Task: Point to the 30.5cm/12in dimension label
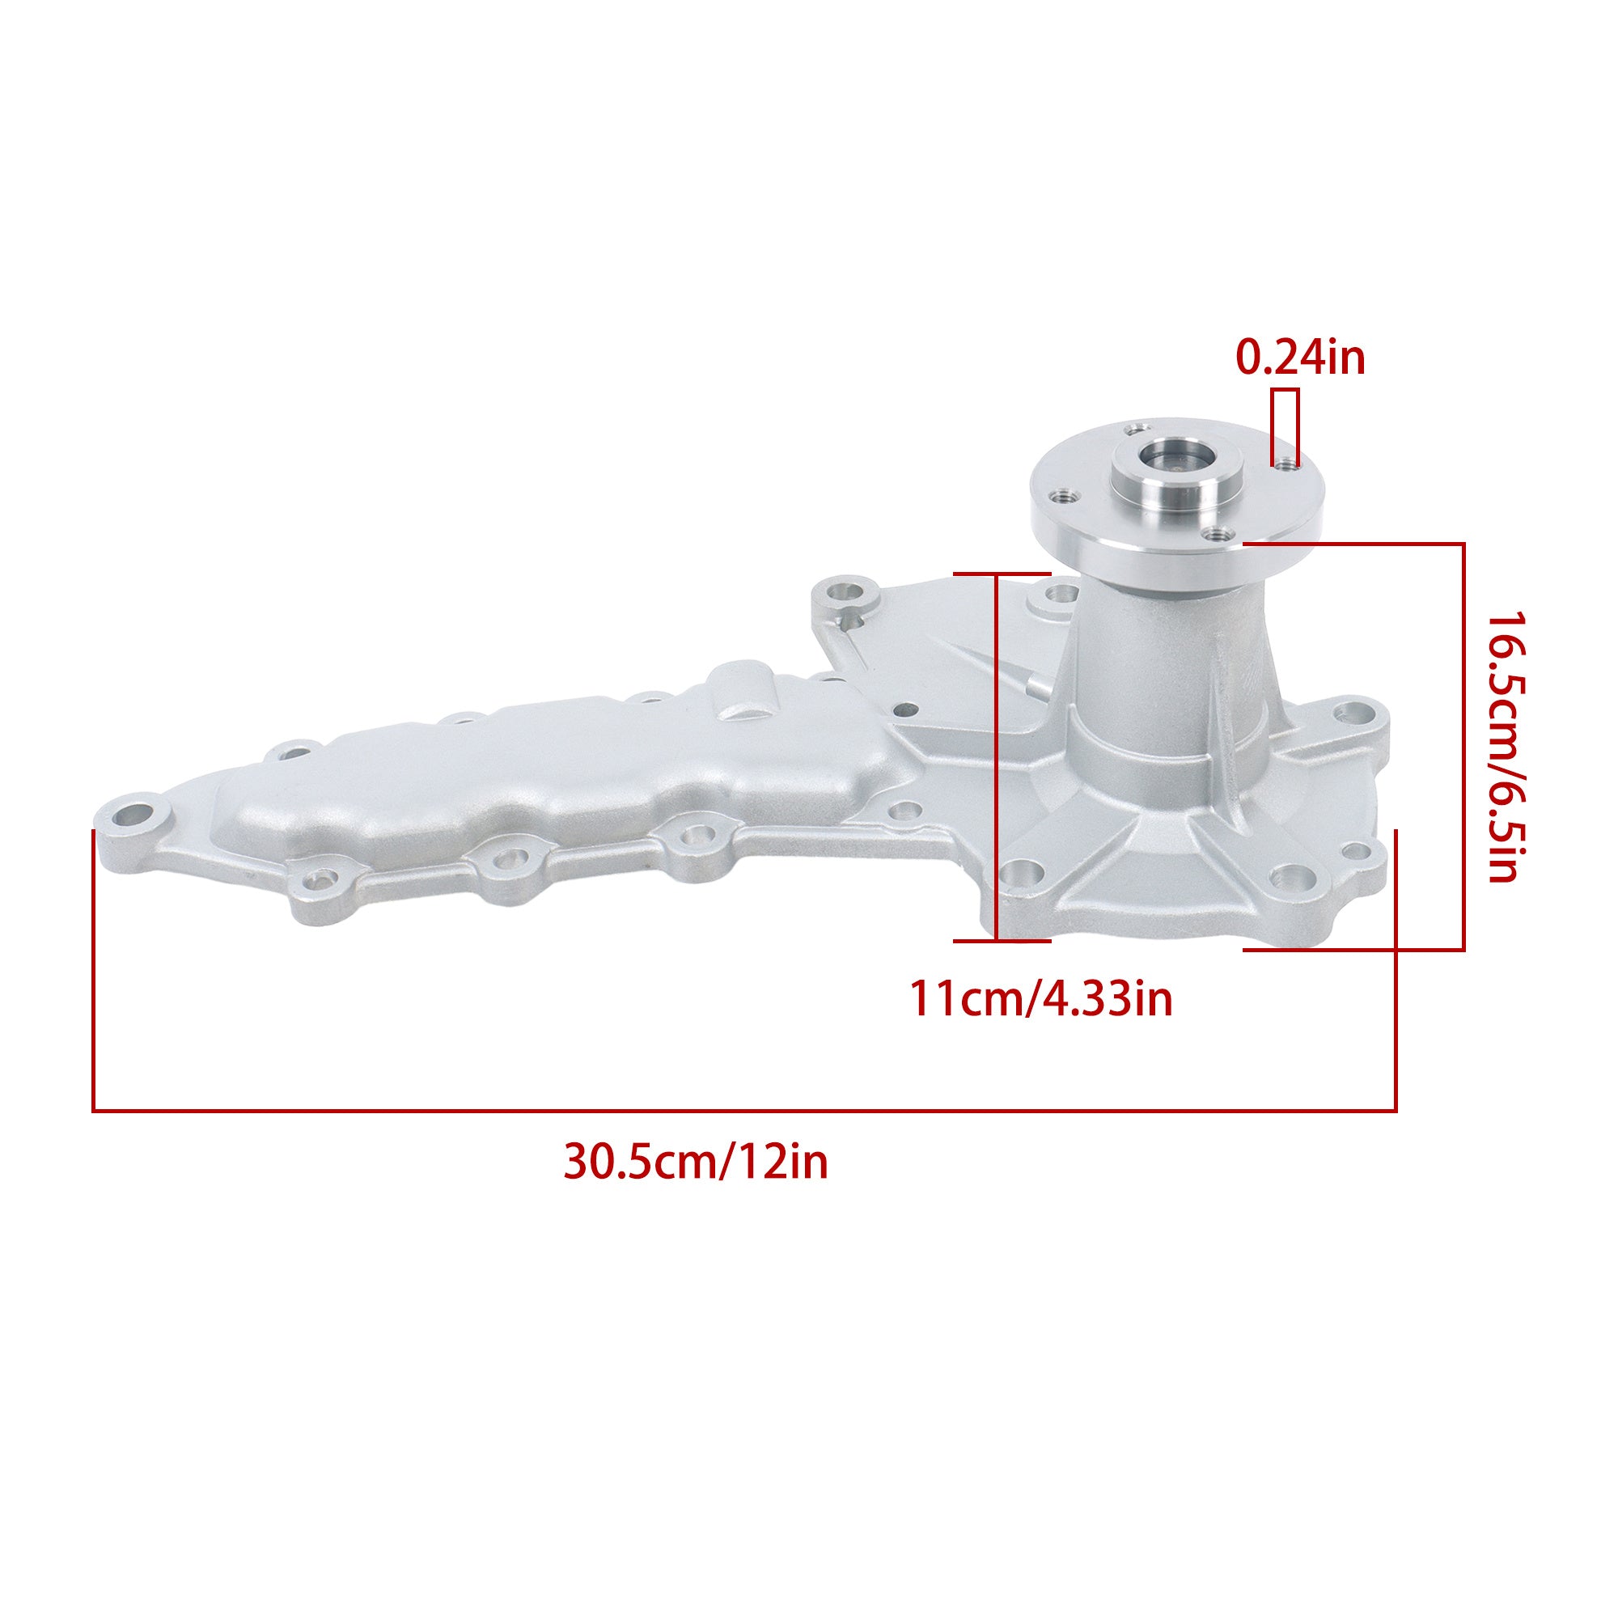[x=696, y=1163]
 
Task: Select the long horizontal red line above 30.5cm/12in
[x=743, y=1111]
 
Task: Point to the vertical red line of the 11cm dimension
[x=996, y=757]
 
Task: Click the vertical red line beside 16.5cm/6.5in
[x=1463, y=746]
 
